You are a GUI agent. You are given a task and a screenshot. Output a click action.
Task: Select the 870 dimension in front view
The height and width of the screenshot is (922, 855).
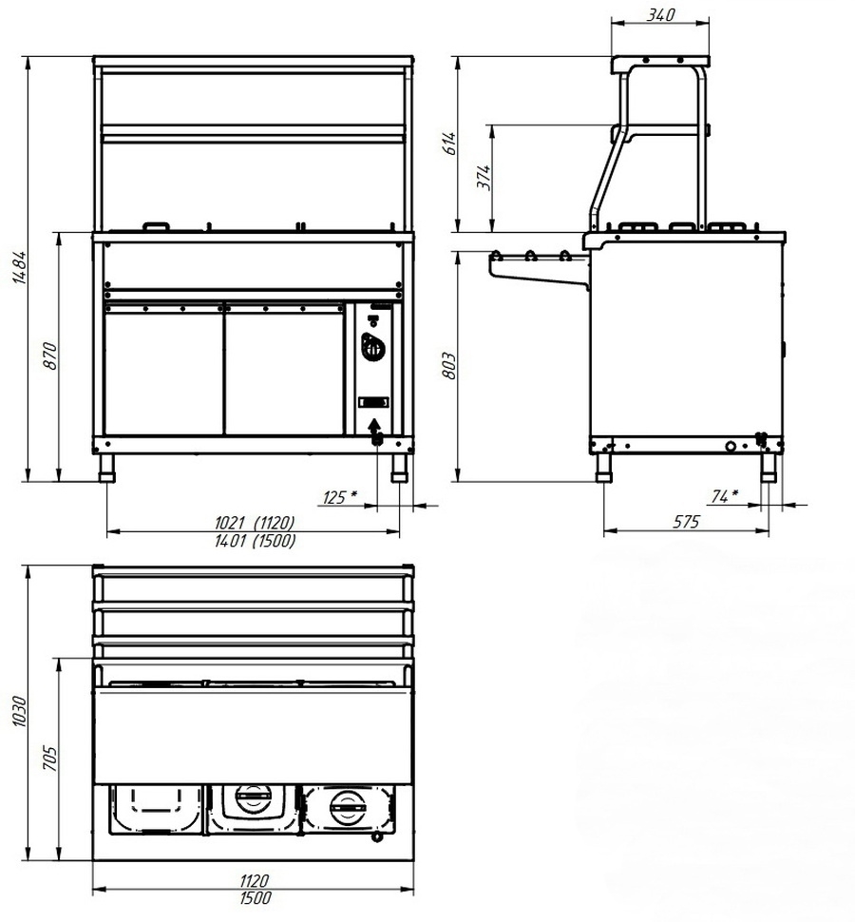tap(52, 355)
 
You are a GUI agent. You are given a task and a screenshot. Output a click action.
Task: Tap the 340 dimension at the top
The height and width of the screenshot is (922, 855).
tap(660, 14)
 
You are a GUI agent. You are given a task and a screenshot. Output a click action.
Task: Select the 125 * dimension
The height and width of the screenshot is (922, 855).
tap(340, 496)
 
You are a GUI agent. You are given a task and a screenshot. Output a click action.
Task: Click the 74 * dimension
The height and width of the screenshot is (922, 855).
tap(724, 496)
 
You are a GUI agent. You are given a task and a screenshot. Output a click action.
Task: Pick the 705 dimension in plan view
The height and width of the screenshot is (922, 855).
tap(52, 758)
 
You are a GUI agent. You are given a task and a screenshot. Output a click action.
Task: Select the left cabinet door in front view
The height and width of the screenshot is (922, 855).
tap(163, 370)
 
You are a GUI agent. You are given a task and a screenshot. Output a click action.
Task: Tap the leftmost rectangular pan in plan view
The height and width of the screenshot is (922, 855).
tap(155, 807)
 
